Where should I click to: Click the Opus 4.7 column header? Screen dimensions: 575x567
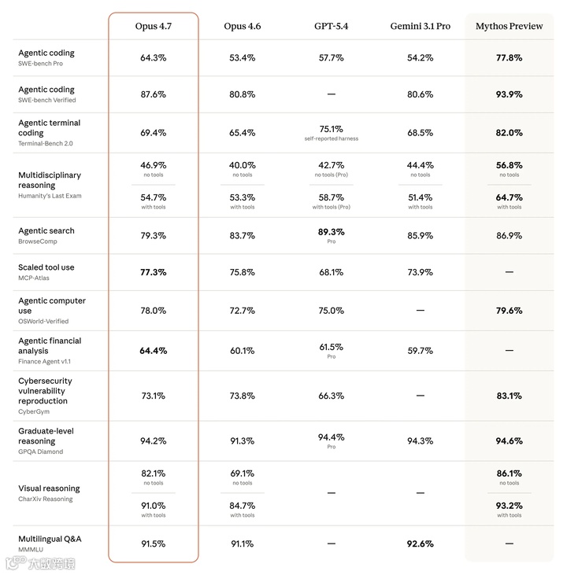(x=154, y=26)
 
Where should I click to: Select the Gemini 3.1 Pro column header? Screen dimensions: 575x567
(x=420, y=26)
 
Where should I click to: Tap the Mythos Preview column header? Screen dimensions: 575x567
(x=509, y=26)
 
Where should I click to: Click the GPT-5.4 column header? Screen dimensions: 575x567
(x=331, y=26)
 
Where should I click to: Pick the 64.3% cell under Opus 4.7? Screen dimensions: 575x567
(x=154, y=57)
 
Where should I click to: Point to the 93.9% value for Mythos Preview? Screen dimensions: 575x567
(x=509, y=94)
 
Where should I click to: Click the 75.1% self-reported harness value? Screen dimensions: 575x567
(x=331, y=129)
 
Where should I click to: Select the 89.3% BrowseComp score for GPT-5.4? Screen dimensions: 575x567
(x=331, y=232)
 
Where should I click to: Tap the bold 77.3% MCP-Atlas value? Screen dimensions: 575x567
(x=154, y=272)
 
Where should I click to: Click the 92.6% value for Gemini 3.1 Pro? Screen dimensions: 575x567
(x=420, y=543)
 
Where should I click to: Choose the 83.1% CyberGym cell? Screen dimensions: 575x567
(x=509, y=396)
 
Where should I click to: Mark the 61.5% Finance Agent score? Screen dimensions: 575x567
(x=331, y=346)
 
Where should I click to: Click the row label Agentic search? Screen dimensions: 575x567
(x=46, y=230)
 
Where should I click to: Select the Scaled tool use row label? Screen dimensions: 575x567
(x=46, y=267)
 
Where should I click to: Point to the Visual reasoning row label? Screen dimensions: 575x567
(x=49, y=488)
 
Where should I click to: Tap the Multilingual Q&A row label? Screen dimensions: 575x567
(x=50, y=539)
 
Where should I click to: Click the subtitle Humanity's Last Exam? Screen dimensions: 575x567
(x=50, y=196)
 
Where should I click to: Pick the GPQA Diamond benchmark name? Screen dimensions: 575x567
(x=40, y=452)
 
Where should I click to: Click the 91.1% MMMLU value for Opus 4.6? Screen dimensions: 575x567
(x=242, y=543)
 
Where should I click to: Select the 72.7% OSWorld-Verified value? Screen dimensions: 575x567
(x=242, y=311)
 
